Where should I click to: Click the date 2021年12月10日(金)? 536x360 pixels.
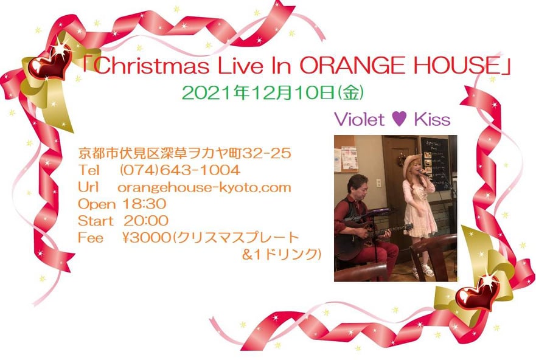(x=273, y=93)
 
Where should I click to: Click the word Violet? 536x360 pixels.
(x=360, y=119)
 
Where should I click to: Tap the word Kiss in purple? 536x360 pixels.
(x=432, y=119)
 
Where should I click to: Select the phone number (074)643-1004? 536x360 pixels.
(x=180, y=170)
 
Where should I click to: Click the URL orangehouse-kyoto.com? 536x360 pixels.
(x=204, y=187)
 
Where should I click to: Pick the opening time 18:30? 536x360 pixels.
(x=144, y=204)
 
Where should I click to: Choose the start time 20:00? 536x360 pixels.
(x=146, y=221)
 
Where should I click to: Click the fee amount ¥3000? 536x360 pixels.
(x=146, y=237)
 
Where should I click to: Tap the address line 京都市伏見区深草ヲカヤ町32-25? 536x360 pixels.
(x=184, y=153)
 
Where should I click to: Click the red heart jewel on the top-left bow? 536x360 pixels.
(x=50, y=63)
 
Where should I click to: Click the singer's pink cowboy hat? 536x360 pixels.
(x=411, y=163)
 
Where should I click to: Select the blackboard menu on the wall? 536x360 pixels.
(x=435, y=163)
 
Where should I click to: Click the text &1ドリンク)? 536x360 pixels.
(x=282, y=254)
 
